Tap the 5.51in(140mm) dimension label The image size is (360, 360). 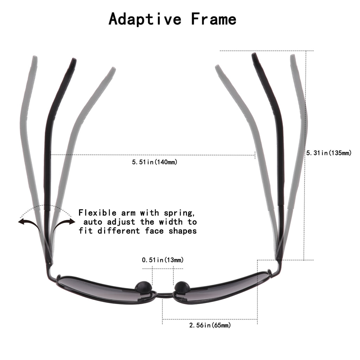point(154,162)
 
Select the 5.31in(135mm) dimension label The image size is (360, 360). point(329,153)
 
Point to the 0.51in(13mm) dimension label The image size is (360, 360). point(162,260)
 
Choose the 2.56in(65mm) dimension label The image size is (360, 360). point(210,325)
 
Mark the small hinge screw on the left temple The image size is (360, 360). point(51,262)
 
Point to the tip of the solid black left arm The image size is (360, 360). point(73,60)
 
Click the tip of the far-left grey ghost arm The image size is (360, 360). point(34,58)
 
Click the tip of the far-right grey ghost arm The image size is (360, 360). point(292,57)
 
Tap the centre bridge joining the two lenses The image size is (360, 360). point(163,294)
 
